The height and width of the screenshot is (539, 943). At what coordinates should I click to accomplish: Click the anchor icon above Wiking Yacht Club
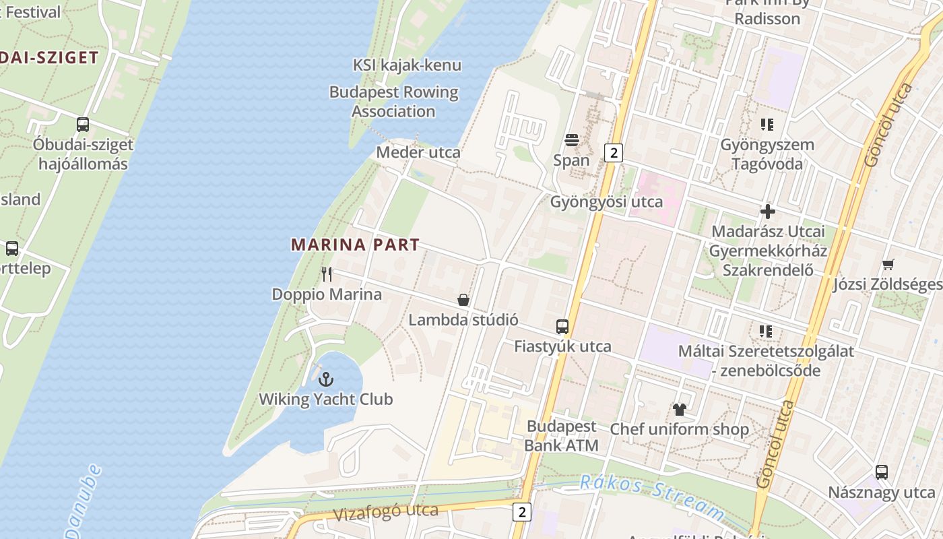[327, 379]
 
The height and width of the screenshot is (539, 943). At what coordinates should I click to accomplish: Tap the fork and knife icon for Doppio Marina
[327, 274]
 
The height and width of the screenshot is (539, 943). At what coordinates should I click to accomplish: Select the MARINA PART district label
[356, 245]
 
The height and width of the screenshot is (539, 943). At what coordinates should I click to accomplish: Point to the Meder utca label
[418, 152]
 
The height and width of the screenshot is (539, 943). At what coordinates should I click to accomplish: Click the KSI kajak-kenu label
[408, 65]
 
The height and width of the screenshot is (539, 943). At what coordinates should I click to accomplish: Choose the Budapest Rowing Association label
[394, 102]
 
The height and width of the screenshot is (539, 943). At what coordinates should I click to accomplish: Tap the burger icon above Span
[572, 140]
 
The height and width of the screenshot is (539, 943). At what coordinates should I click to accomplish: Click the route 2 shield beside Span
[613, 153]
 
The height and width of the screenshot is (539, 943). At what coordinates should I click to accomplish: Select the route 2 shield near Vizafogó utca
[521, 511]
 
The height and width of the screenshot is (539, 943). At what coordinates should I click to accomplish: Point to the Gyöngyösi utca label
[606, 202]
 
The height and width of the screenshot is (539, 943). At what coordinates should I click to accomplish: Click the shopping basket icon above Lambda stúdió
[463, 300]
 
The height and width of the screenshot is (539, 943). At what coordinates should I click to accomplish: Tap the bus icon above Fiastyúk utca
[562, 327]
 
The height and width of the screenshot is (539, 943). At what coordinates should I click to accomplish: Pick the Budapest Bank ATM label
[561, 435]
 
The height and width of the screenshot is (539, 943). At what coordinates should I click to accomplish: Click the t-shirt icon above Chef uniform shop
[679, 409]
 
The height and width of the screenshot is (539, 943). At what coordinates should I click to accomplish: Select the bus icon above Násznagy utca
[882, 472]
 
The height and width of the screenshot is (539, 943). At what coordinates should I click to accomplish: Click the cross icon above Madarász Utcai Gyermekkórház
[768, 212]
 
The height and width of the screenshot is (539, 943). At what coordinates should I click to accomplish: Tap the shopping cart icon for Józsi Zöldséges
[888, 264]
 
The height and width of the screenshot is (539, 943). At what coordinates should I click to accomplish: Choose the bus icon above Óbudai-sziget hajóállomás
[83, 125]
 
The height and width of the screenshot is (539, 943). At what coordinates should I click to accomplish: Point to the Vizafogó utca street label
[386, 513]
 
